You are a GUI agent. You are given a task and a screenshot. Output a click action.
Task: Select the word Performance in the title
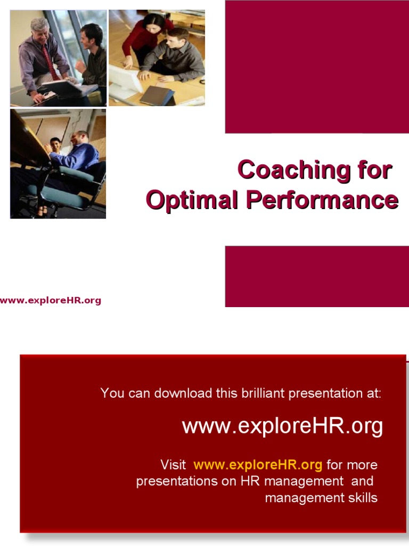pos(322,200)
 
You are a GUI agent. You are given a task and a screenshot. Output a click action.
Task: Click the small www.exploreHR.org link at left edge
pos(51,300)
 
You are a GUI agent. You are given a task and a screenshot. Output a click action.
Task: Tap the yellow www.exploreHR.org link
pos(258,464)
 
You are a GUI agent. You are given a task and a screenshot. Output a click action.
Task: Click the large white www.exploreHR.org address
pos(282,427)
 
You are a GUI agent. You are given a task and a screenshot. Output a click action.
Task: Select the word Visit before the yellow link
pos(173,464)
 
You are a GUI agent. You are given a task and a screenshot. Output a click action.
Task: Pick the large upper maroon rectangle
pos(317,67)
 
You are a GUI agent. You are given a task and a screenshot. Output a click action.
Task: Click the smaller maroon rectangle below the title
pos(317,276)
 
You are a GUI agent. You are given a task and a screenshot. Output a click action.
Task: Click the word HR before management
pos(250,481)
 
